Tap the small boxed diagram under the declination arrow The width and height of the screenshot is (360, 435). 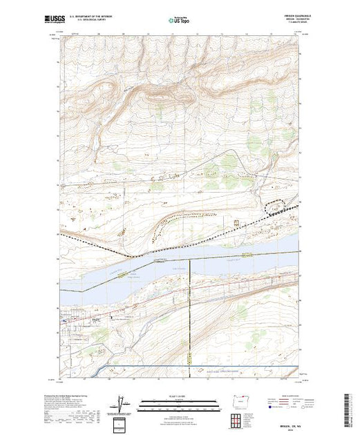coord(120,421)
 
